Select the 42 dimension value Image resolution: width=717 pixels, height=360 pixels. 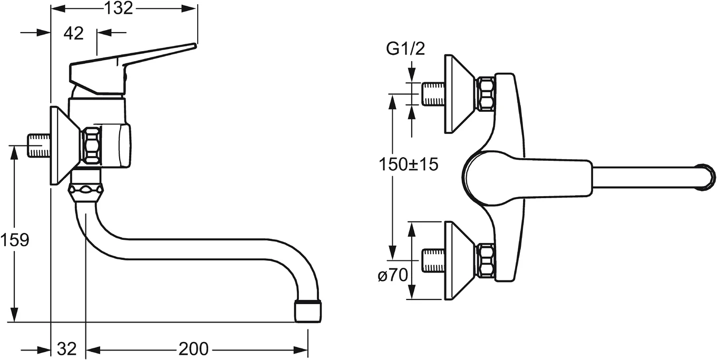[73, 33]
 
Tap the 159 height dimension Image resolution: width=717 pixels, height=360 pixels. [14, 240]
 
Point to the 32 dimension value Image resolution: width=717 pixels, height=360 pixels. [67, 349]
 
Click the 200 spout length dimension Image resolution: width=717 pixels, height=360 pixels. [193, 349]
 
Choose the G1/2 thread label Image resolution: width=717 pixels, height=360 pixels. [405, 49]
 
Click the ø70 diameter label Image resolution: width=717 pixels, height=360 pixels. [393, 275]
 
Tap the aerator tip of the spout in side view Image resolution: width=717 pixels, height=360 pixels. [308, 310]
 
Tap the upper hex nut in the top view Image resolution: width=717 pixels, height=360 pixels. [485, 94]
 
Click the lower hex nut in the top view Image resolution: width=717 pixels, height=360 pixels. [485, 260]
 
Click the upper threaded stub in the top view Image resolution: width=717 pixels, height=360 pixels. [434, 94]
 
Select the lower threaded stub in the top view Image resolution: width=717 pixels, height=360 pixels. [434, 260]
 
